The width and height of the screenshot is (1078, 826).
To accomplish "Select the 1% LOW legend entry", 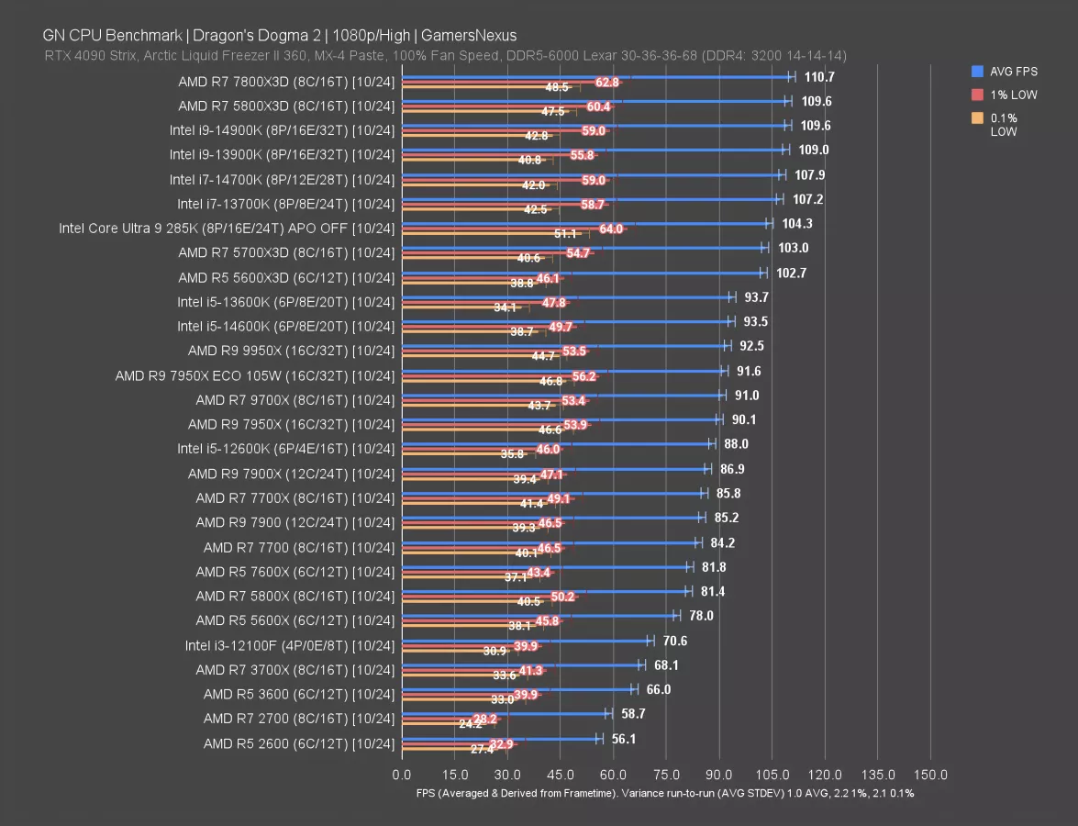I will [x=1012, y=95].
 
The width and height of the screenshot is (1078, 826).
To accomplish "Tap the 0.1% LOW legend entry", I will [x=1005, y=125].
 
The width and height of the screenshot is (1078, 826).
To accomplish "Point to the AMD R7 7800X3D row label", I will [x=286, y=82].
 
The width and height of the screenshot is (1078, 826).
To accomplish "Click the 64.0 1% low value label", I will [x=610, y=229].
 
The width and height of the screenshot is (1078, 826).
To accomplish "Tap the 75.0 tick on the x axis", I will [x=666, y=775].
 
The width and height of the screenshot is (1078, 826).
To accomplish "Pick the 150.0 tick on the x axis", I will [x=931, y=775].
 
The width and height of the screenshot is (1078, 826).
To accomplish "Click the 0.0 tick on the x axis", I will [x=402, y=775].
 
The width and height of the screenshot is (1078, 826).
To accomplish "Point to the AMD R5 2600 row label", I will [x=299, y=743].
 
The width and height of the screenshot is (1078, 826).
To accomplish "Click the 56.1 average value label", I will [x=626, y=739].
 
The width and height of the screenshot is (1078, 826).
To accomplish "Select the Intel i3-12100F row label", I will [x=289, y=645].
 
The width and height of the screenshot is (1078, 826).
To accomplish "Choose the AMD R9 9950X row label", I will [x=291, y=351].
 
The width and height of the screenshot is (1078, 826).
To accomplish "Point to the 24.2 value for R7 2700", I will [x=470, y=724].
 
